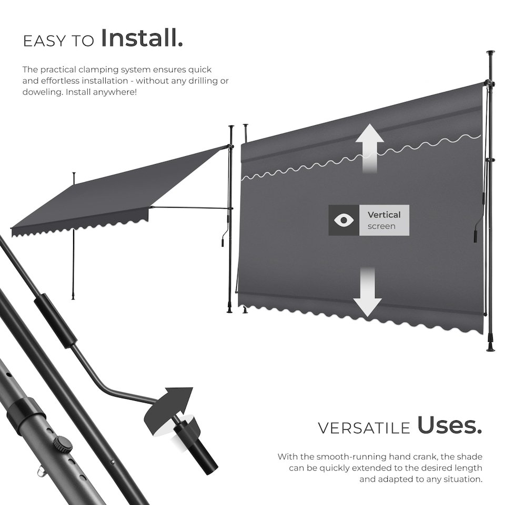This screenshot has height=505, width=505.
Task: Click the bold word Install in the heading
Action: tap(142, 38)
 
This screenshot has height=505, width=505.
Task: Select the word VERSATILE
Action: tap(363, 428)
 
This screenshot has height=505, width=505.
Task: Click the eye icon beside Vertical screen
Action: tap(344, 220)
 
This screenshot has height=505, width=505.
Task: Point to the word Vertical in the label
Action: tap(384, 215)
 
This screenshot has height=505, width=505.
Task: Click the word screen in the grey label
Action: tap(381, 227)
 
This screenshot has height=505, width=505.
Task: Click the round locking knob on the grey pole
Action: tap(62, 445)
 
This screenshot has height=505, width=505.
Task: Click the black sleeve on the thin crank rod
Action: tap(56, 320)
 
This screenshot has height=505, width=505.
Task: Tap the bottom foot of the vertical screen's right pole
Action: tap(490, 347)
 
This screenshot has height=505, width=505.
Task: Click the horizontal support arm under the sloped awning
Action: tap(189, 207)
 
